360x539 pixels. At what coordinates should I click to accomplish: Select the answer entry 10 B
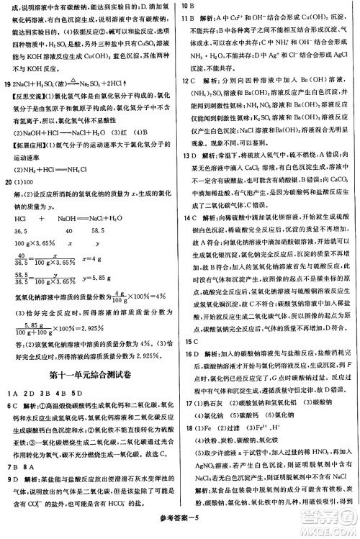(189, 6)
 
